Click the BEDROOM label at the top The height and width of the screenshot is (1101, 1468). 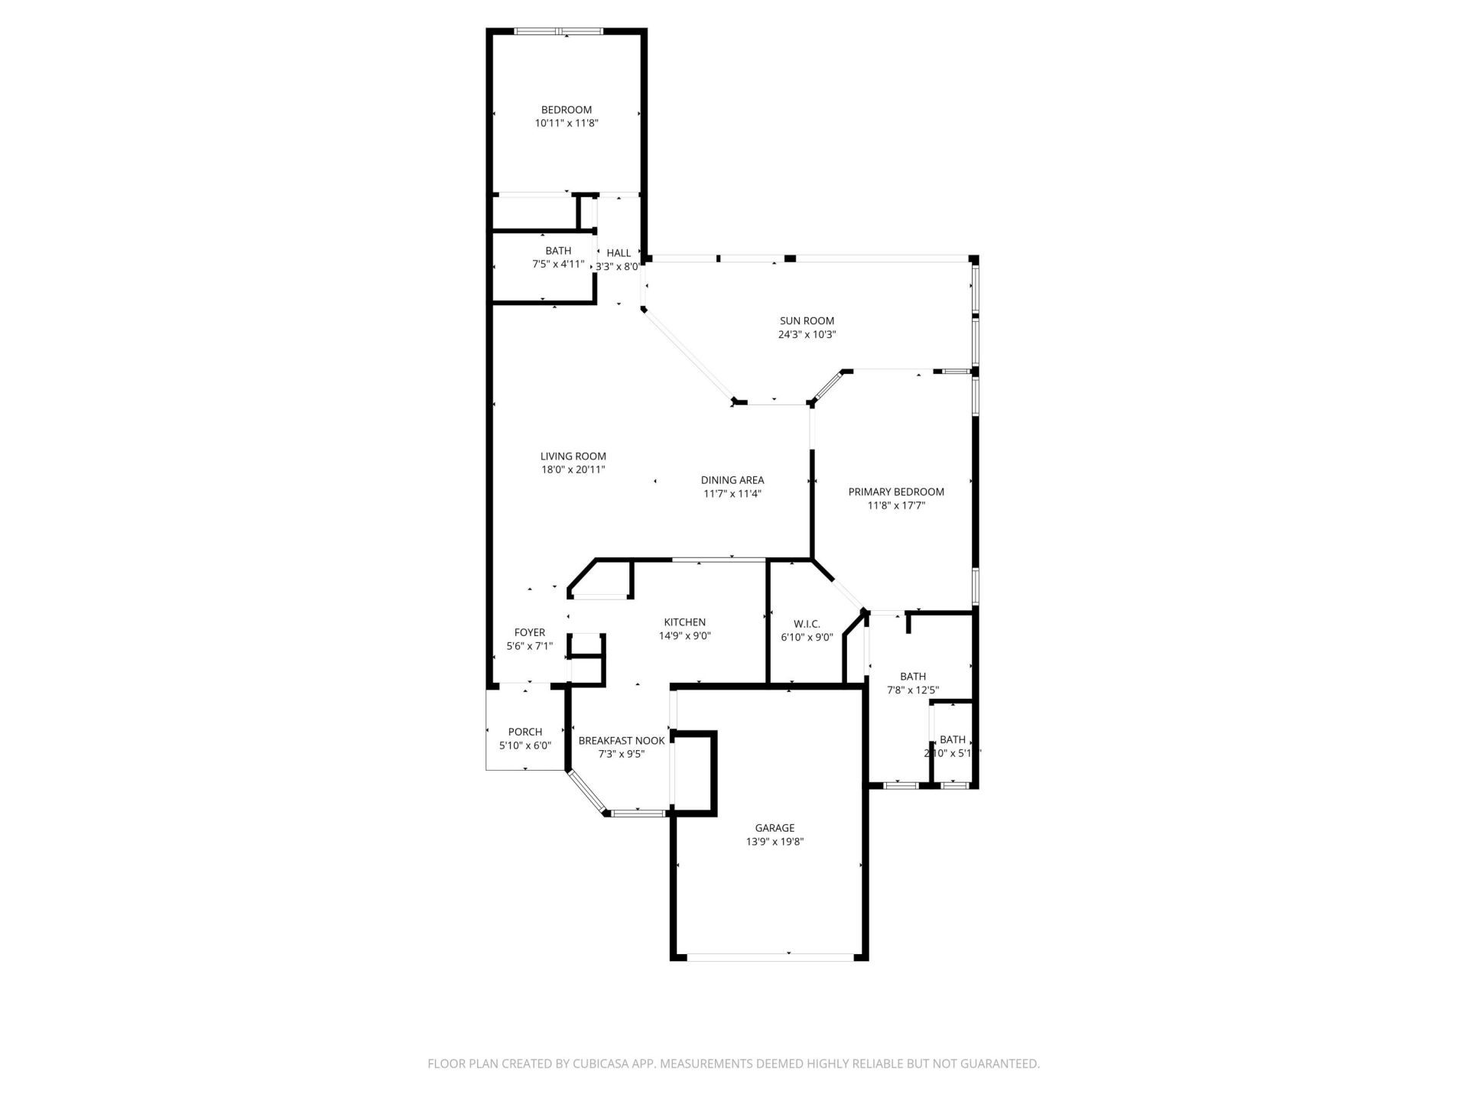(566, 109)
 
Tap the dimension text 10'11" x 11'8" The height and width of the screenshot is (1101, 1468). (566, 123)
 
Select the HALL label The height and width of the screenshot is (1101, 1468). (619, 253)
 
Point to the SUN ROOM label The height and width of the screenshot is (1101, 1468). (807, 321)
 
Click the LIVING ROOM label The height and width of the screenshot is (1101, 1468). (573, 456)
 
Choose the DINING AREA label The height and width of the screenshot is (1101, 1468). (732, 480)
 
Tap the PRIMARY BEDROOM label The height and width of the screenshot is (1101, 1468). (895, 492)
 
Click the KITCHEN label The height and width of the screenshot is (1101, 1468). (684, 622)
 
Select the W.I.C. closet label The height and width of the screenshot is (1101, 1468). (807, 624)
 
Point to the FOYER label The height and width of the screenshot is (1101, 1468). (529, 632)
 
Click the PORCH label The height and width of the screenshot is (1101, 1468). (525, 732)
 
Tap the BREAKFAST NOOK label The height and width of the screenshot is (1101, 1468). (621, 740)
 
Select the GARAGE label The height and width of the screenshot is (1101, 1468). (775, 828)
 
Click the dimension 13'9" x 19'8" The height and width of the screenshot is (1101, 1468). (775, 842)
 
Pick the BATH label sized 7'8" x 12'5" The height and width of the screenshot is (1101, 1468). (912, 677)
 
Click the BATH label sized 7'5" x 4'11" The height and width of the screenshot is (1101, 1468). (558, 251)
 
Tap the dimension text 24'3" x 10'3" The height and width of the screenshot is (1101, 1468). (807, 335)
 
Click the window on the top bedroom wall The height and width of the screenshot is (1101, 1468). (559, 31)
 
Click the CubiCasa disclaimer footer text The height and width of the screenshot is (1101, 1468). (733, 1064)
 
